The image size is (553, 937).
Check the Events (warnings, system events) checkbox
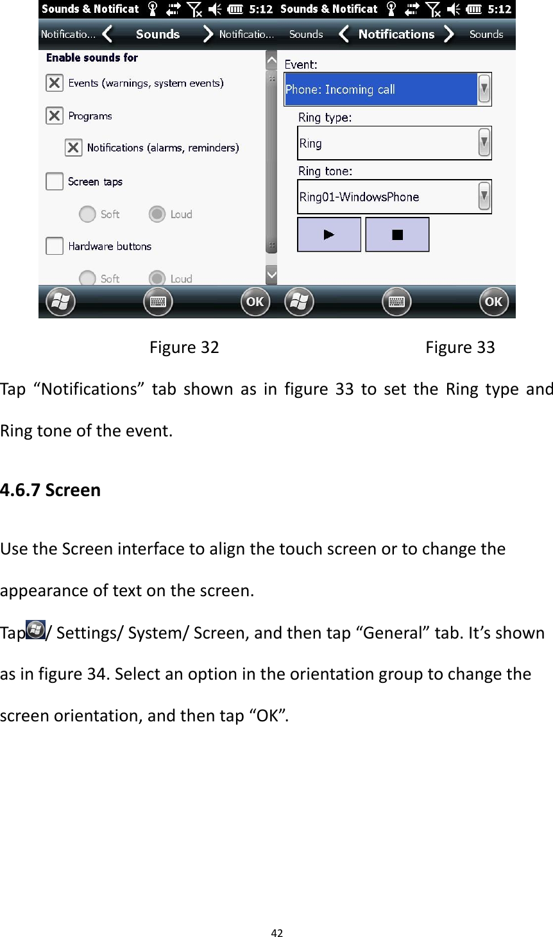[x=55, y=83]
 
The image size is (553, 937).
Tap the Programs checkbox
[x=55, y=116]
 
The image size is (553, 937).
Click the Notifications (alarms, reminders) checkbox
[x=74, y=148]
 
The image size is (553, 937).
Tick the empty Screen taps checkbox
[x=55, y=182]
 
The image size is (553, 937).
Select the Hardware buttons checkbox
[x=55, y=246]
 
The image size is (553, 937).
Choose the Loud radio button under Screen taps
[x=157, y=214]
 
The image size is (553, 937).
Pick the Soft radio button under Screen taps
[x=87, y=214]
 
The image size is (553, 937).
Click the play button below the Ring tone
[x=329, y=235]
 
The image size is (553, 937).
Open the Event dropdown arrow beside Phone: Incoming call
[x=484, y=89]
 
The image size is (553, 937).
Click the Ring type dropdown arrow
[x=484, y=143]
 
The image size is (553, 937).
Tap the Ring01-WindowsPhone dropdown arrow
[x=484, y=196]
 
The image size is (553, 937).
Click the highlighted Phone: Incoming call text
[x=340, y=89]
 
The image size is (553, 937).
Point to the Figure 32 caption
[x=184, y=347]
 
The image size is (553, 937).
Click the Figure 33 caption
[x=460, y=347]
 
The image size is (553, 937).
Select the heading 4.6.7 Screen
[x=51, y=490]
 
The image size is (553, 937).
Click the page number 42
[x=276, y=933]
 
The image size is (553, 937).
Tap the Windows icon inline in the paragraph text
[x=36, y=630]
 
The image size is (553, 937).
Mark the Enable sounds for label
[x=92, y=58]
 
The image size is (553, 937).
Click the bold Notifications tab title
[x=396, y=34]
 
